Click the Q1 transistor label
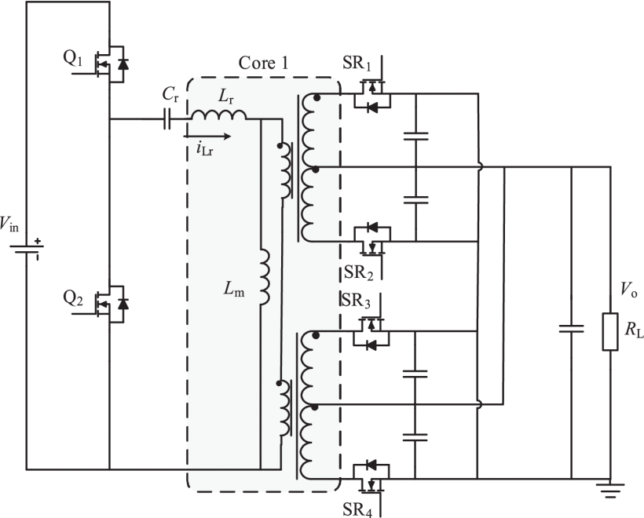coord(73,59)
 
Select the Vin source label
coord(9,224)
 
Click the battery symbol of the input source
coord(27,249)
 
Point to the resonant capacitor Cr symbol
coord(166,119)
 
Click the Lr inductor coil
coord(219,115)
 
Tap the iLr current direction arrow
coord(207,137)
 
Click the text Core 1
coord(263,64)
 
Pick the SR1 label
coord(357,64)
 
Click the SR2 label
coord(359,272)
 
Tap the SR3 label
coord(356,301)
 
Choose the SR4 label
coord(357,509)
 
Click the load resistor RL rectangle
coord(610,332)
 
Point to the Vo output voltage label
coord(628,290)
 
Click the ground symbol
coord(610,491)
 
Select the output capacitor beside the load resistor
coord(571,328)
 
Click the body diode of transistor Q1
coord(123,64)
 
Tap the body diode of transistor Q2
coord(123,304)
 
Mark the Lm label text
coord(234,289)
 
